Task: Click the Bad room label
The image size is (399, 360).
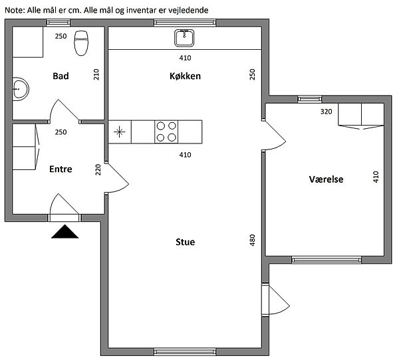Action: (x=61, y=76)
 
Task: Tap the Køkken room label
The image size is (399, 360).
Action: (x=185, y=76)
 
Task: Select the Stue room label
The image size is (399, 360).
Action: (x=186, y=242)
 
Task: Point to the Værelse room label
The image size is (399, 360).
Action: (x=326, y=179)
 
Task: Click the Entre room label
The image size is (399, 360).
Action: (x=61, y=169)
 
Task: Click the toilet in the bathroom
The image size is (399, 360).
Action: (x=81, y=43)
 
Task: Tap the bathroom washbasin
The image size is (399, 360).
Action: (x=21, y=89)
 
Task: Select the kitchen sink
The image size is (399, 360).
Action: (x=184, y=38)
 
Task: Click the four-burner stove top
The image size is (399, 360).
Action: (x=166, y=132)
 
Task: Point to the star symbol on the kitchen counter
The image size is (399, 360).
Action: (x=119, y=132)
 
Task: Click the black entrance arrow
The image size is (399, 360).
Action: (x=65, y=232)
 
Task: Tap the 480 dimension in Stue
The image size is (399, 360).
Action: (x=252, y=240)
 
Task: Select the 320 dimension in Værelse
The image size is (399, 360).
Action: (x=327, y=112)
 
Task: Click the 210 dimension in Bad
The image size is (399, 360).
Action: (x=96, y=74)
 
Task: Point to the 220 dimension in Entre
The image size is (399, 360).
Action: (x=98, y=170)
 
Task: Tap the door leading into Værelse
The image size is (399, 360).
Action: (x=273, y=135)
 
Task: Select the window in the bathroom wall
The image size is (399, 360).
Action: (x=59, y=23)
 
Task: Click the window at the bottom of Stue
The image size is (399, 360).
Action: (x=185, y=352)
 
